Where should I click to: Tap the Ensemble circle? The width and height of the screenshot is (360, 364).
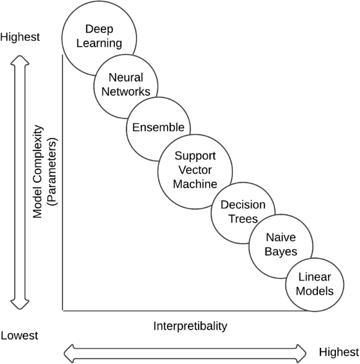(x=158, y=127)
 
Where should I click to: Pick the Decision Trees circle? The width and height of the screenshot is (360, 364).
(x=243, y=212)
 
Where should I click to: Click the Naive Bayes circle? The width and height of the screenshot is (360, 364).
(x=281, y=245)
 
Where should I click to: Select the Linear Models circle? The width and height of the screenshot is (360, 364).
(x=316, y=284)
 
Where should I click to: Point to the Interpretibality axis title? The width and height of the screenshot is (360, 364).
(x=190, y=326)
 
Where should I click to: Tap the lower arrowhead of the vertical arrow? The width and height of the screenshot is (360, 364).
(x=19, y=304)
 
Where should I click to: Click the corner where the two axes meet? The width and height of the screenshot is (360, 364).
(x=63, y=310)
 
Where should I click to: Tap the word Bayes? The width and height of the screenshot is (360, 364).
(x=281, y=251)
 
